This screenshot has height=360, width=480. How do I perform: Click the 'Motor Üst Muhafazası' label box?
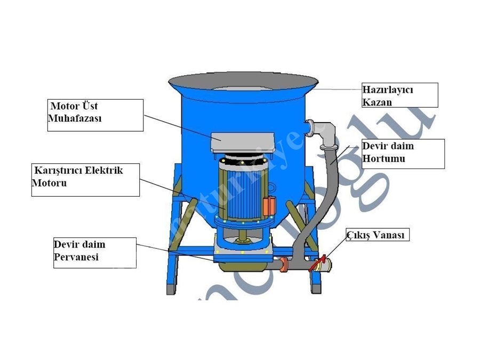point(95,115)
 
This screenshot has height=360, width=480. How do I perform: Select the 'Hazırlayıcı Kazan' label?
point(399,95)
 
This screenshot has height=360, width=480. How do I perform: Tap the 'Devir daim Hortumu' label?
point(403,154)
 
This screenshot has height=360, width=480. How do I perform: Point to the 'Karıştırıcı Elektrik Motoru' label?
point(85,180)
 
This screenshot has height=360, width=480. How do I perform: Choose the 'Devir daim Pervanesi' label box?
point(95,252)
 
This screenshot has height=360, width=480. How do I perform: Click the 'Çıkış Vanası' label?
point(378,235)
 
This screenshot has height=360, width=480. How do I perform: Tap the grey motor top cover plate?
point(246,142)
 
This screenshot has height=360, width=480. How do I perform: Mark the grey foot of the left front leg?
point(171,290)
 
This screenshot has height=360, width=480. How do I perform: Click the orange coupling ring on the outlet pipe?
point(284,264)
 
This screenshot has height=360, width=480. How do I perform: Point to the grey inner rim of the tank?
point(243,86)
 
